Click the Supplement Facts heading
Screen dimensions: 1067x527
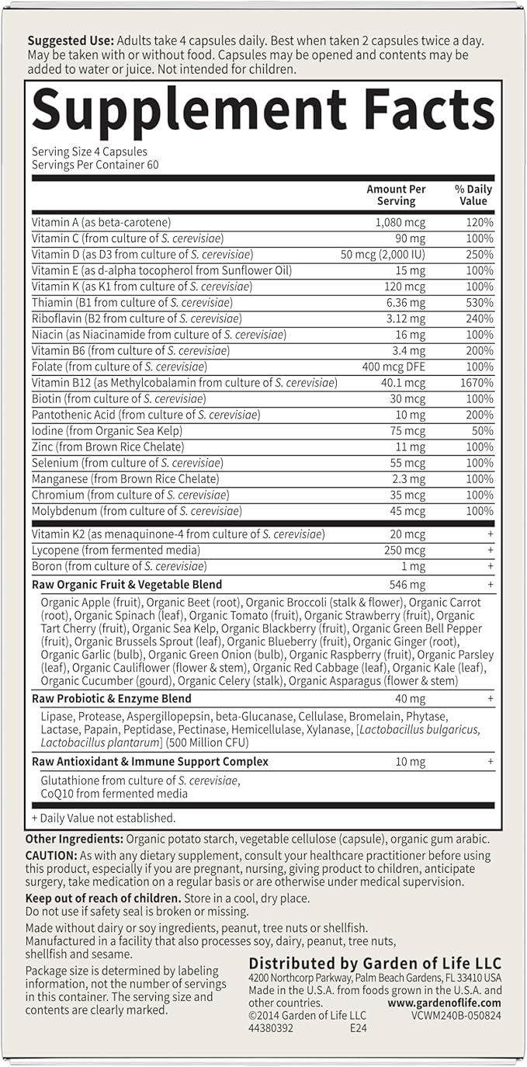263,110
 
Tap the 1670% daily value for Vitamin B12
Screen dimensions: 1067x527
476,383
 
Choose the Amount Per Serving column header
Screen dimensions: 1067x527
396,195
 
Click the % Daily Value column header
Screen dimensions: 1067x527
473,195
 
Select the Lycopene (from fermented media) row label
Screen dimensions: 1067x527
116,551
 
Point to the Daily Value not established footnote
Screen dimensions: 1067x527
104,818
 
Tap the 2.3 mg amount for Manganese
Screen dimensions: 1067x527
408,479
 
